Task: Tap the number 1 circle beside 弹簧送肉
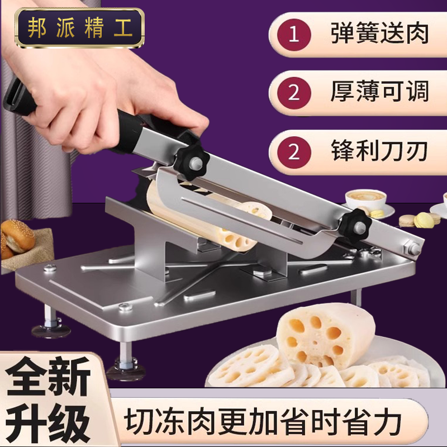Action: (x=294, y=34)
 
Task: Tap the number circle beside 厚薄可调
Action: (x=294, y=93)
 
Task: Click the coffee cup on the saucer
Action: (x=365, y=199)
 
